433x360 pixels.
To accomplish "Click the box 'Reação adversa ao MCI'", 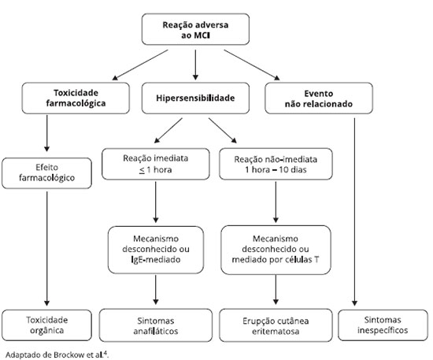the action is click(x=195, y=29).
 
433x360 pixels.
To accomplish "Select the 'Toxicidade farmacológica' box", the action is click(x=76, y=98).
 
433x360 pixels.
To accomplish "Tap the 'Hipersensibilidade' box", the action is click(x=195, y=98).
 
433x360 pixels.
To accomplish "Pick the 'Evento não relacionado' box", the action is click(x=319, y=98).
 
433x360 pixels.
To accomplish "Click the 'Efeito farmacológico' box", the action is click(x=46, y=173).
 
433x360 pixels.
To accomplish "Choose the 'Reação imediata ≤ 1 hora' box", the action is click(x=156, y=164).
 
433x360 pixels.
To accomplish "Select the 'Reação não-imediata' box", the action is click(x=276, y=164).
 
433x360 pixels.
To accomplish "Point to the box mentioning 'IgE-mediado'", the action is click(x=156, y=250).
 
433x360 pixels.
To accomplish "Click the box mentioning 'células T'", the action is click(x=276, y=250).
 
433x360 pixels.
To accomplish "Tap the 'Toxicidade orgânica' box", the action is click(x=46, y=325).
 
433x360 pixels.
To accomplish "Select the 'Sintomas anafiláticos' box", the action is click(x=156, y=325).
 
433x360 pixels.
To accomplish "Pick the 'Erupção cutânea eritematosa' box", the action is click(x=276, y=325).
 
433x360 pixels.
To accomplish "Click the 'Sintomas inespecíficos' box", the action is click(x=383, y=325).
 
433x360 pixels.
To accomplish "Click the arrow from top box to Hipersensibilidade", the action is click(x=195, y=65).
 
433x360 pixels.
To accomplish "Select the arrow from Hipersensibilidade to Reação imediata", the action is click(x=168, y=131).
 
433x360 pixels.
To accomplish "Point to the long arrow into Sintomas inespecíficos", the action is click(x=354, y=212).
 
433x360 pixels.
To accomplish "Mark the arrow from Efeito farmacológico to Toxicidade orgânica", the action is click(x=46, y=249).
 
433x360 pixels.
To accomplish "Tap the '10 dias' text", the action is click(x=293, y=169).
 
